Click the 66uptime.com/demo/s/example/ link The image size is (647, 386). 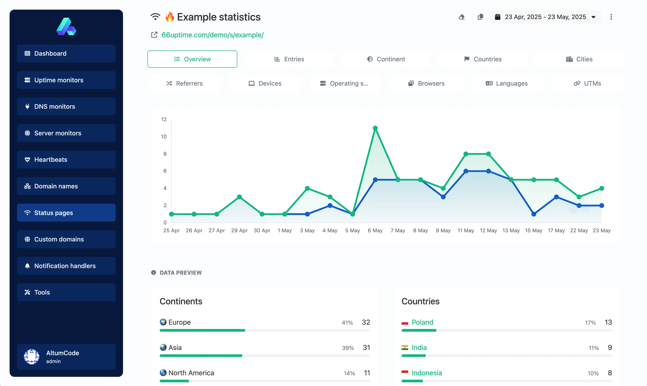212,35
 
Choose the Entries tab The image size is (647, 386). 289,59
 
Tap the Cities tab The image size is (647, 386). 579,59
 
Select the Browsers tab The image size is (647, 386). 426,83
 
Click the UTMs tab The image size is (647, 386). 587,83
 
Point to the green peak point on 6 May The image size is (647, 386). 375,128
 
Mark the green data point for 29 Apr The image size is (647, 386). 239,197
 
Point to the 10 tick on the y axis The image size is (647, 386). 163,136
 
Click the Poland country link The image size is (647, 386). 422,322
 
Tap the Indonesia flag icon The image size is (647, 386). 405,372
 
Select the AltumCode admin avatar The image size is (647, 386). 32,356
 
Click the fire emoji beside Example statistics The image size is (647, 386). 170,17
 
